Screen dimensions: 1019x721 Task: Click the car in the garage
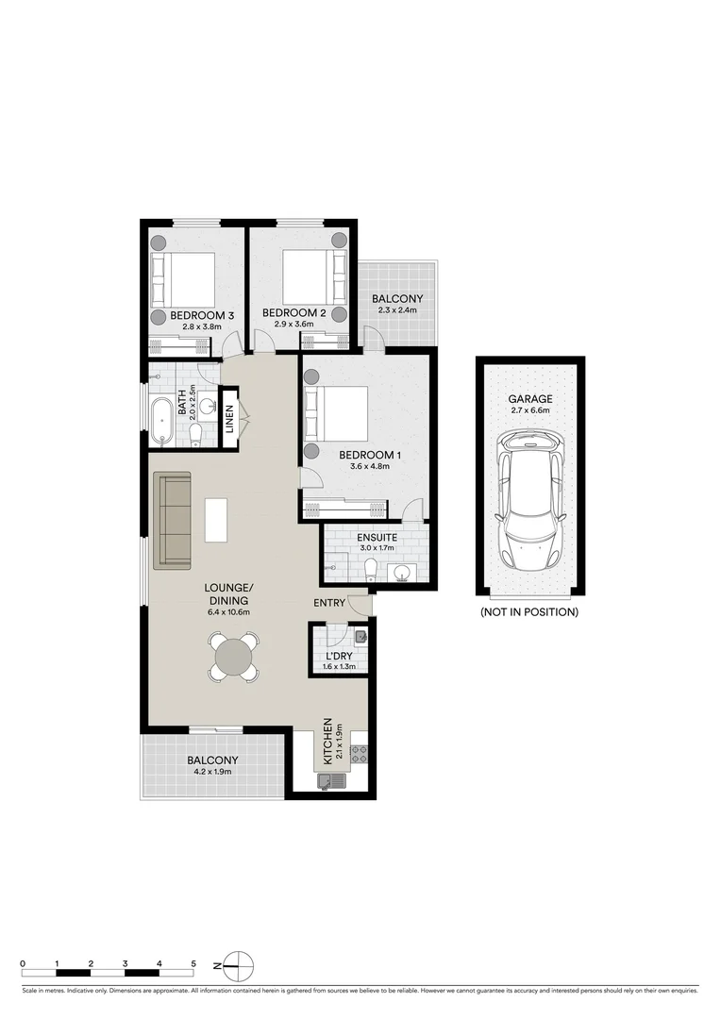coord(529,501)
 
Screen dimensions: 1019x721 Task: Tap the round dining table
coord(233,656)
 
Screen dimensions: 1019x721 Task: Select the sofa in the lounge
coord(172,520)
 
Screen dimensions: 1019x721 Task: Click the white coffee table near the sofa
coord(216,520)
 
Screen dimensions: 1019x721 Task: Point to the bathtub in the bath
coord(160,421)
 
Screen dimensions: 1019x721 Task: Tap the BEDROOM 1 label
coord(371,456)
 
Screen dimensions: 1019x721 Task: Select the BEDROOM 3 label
coord(202,314)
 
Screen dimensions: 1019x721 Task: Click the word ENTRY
coord(329,603)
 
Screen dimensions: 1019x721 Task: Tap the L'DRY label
coord(340,655)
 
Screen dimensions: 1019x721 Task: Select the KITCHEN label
coord(328,742)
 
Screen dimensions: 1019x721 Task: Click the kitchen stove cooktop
coord(359,754)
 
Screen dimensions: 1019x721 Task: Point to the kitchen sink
coord(333,780)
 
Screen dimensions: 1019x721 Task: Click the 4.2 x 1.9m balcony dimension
coord(211,772)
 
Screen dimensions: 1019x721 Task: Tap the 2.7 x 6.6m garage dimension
coord(529,411)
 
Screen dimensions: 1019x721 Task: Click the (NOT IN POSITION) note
coord(529,611)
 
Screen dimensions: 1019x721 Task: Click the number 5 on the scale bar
coord(193,962)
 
